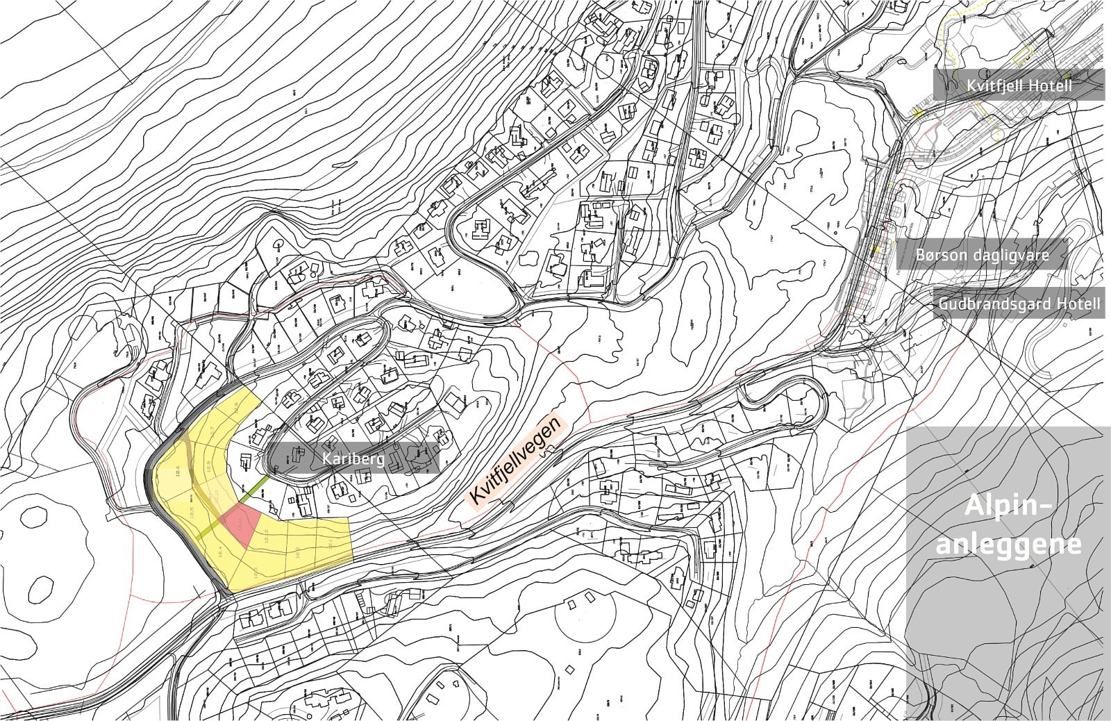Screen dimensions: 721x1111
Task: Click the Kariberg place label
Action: pyautogui.click(x=353, y=459)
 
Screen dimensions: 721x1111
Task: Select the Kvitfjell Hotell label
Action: pyautogui.click(x=1019, y=86)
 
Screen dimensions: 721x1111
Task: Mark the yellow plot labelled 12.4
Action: pyautogui.click(x=222, y=555)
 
